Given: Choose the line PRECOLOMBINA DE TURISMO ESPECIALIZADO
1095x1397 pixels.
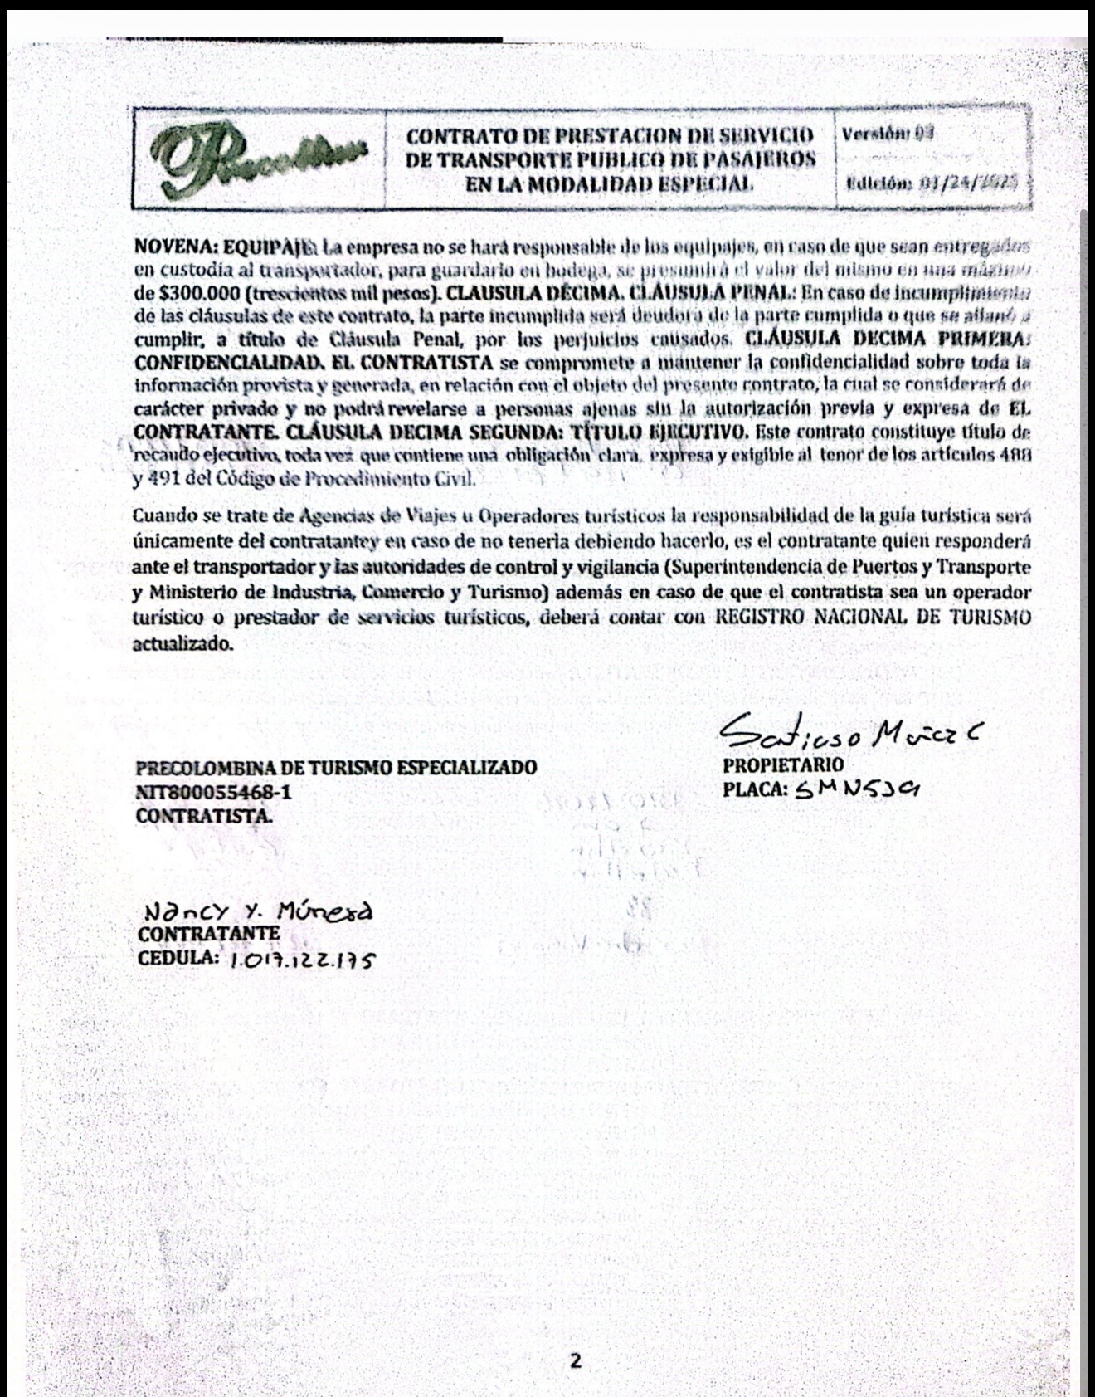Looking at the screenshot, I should pos(335,768).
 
